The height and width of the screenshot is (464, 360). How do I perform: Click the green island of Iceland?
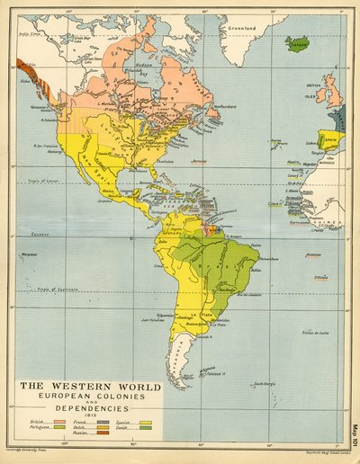click(296, 42)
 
